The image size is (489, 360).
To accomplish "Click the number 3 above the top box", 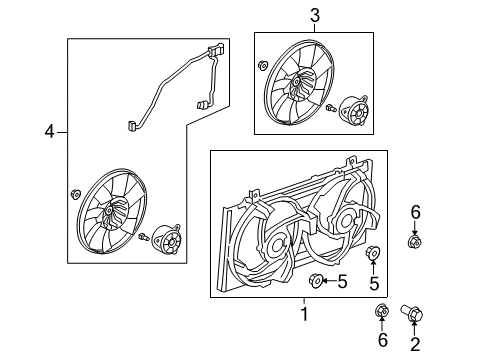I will click(314, 14).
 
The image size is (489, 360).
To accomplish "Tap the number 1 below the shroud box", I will click(305, 316).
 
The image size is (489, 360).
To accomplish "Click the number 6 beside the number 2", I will click(381, 341).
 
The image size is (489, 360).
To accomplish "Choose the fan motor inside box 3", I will click(355, 111).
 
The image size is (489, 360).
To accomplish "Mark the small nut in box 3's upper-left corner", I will click(262, 67).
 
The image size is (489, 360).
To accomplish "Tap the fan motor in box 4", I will click(164, 241).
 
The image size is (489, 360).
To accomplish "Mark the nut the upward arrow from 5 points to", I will click(373, 254).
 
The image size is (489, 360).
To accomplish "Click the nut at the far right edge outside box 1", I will click(413, 241).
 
